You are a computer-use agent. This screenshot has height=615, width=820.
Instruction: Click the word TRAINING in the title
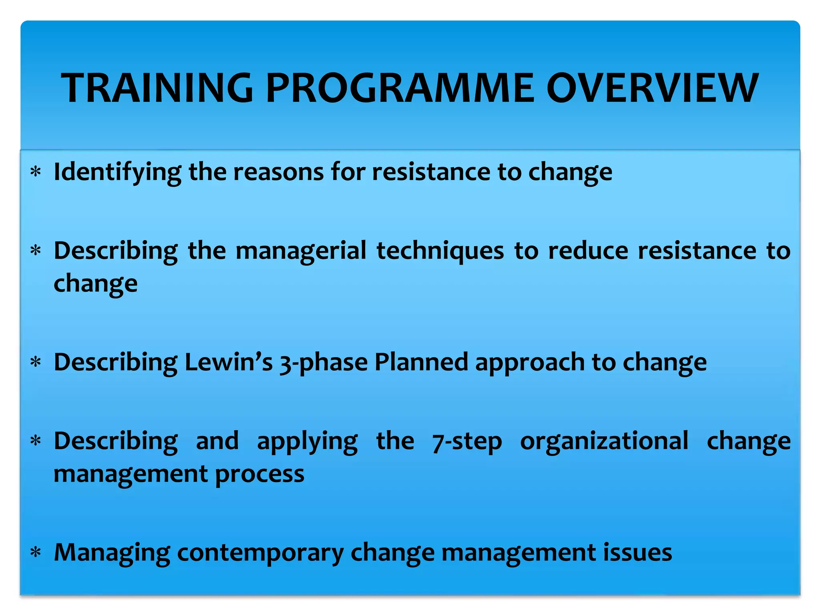[x=157, y=88]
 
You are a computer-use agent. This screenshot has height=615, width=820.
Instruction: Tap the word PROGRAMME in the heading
[x=400, y=88]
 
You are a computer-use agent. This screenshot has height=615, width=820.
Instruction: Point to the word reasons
[x=279, y=172]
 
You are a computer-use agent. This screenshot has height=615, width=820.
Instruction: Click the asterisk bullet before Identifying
[x=36, y=173]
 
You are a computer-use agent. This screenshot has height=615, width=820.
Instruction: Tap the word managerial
[x=301, y=251]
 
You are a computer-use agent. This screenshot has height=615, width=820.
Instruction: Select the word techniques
[x=440, y=251]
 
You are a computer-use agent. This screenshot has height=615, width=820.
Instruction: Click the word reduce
[x=588, y=251]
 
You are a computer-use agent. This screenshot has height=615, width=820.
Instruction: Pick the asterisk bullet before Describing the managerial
[x=36, y=251]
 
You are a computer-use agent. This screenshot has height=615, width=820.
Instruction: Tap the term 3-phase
[x=324, y=363]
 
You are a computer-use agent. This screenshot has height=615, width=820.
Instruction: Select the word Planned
[x=421, y=362]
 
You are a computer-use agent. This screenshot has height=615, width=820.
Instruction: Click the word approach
[x=530, y=363]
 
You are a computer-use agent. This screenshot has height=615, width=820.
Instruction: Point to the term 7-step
[x=467, y=442]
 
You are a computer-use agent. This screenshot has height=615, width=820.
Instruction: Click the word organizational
[x=604, y=441]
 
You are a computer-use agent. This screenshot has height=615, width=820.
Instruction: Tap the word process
[x=260, y=474]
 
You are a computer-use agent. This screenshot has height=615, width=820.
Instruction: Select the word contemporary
[x=260, y=553]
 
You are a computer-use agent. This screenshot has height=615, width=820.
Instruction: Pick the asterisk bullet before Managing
[x=36, y=553]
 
